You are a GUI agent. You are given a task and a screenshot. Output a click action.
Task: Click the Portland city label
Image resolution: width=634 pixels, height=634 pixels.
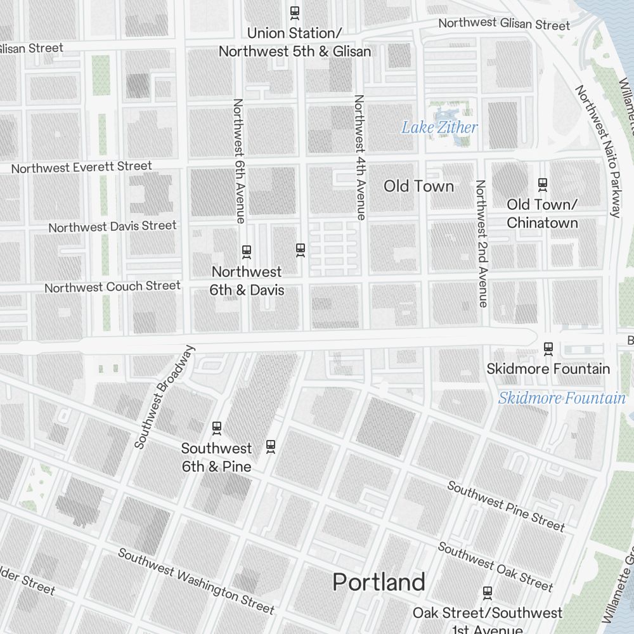[x=378, y=582]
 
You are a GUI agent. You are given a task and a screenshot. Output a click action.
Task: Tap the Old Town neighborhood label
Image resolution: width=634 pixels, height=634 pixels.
[x=418, y=186]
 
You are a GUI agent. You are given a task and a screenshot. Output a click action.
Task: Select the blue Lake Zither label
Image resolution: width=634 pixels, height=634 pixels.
[x=439, y=127]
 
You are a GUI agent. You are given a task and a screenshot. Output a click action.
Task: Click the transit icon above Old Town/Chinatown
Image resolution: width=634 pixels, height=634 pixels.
[x=542, y=184]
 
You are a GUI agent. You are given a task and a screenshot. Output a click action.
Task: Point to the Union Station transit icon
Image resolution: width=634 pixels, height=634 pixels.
[x=294, y=11]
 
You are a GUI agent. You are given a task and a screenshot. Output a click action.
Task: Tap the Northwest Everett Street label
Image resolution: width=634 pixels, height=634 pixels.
[x=82, y=167]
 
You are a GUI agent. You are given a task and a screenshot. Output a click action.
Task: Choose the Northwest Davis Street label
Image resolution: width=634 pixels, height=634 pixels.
[x=112, y=226]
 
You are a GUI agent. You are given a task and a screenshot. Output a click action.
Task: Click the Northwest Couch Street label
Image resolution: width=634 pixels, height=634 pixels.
[x=112, y=287]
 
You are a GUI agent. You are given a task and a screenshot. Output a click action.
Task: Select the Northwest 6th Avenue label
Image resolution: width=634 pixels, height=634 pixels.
[x=239, y=161]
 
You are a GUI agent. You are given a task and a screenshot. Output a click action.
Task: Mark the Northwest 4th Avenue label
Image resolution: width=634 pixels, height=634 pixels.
[x=359, y=157]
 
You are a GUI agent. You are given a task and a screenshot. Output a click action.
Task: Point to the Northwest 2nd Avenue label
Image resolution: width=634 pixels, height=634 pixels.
[x=481, y=243]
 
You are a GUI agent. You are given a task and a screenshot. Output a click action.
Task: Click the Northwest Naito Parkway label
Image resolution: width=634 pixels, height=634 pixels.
[x=597, y=151]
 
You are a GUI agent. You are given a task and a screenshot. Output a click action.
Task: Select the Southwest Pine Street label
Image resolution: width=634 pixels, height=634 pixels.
[x=505, y=505]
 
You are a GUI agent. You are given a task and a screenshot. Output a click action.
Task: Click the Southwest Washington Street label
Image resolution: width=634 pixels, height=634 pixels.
[x=196, y=581]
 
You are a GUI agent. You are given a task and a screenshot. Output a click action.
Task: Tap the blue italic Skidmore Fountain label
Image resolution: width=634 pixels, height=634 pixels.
[x=561, y=398]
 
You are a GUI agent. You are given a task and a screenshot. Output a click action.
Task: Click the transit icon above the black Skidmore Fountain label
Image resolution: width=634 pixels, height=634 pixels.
[x=548, y=349]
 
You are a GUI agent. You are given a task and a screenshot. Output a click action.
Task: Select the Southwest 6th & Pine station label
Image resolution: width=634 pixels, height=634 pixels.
[x=216, y=457]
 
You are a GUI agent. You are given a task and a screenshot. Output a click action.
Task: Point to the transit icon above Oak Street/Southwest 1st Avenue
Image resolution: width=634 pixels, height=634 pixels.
[x=487, y=593]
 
